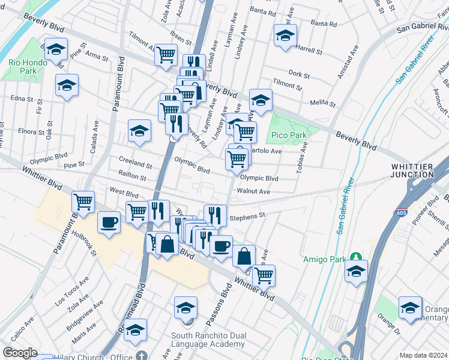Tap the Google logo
20,353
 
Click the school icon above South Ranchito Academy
186,308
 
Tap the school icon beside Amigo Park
356,271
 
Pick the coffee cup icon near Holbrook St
109,223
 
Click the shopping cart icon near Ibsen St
166,55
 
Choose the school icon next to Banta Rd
285,35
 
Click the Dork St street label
298,76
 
